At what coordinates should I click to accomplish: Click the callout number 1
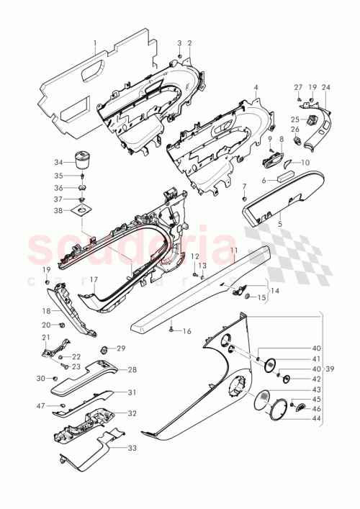coord(94,43)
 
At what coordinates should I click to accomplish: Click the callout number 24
coord(326,87)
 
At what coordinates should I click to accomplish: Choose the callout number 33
coord(132,448)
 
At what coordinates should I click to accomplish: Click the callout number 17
coord(94,279)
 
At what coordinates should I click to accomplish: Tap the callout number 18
coord(47,312)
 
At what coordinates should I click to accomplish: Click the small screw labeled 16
coord(171,329)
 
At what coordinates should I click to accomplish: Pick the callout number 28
coord(132,369)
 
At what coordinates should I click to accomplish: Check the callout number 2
coord(189,43)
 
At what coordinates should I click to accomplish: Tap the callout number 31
coord(132,392)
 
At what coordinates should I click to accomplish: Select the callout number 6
coord(264,181)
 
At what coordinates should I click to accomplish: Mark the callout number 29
coord(121,348)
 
